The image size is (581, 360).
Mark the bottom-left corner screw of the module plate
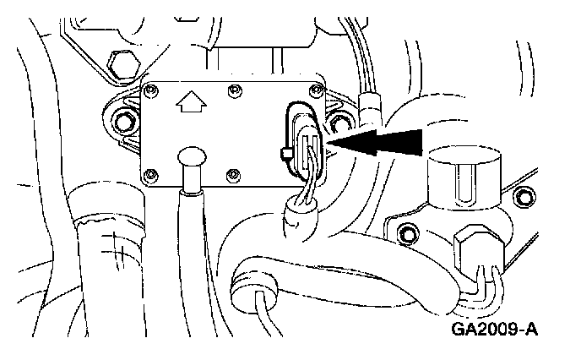point(152,176)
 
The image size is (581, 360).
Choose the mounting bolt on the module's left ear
point(125,120)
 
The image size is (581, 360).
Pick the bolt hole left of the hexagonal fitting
point(409,233)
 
